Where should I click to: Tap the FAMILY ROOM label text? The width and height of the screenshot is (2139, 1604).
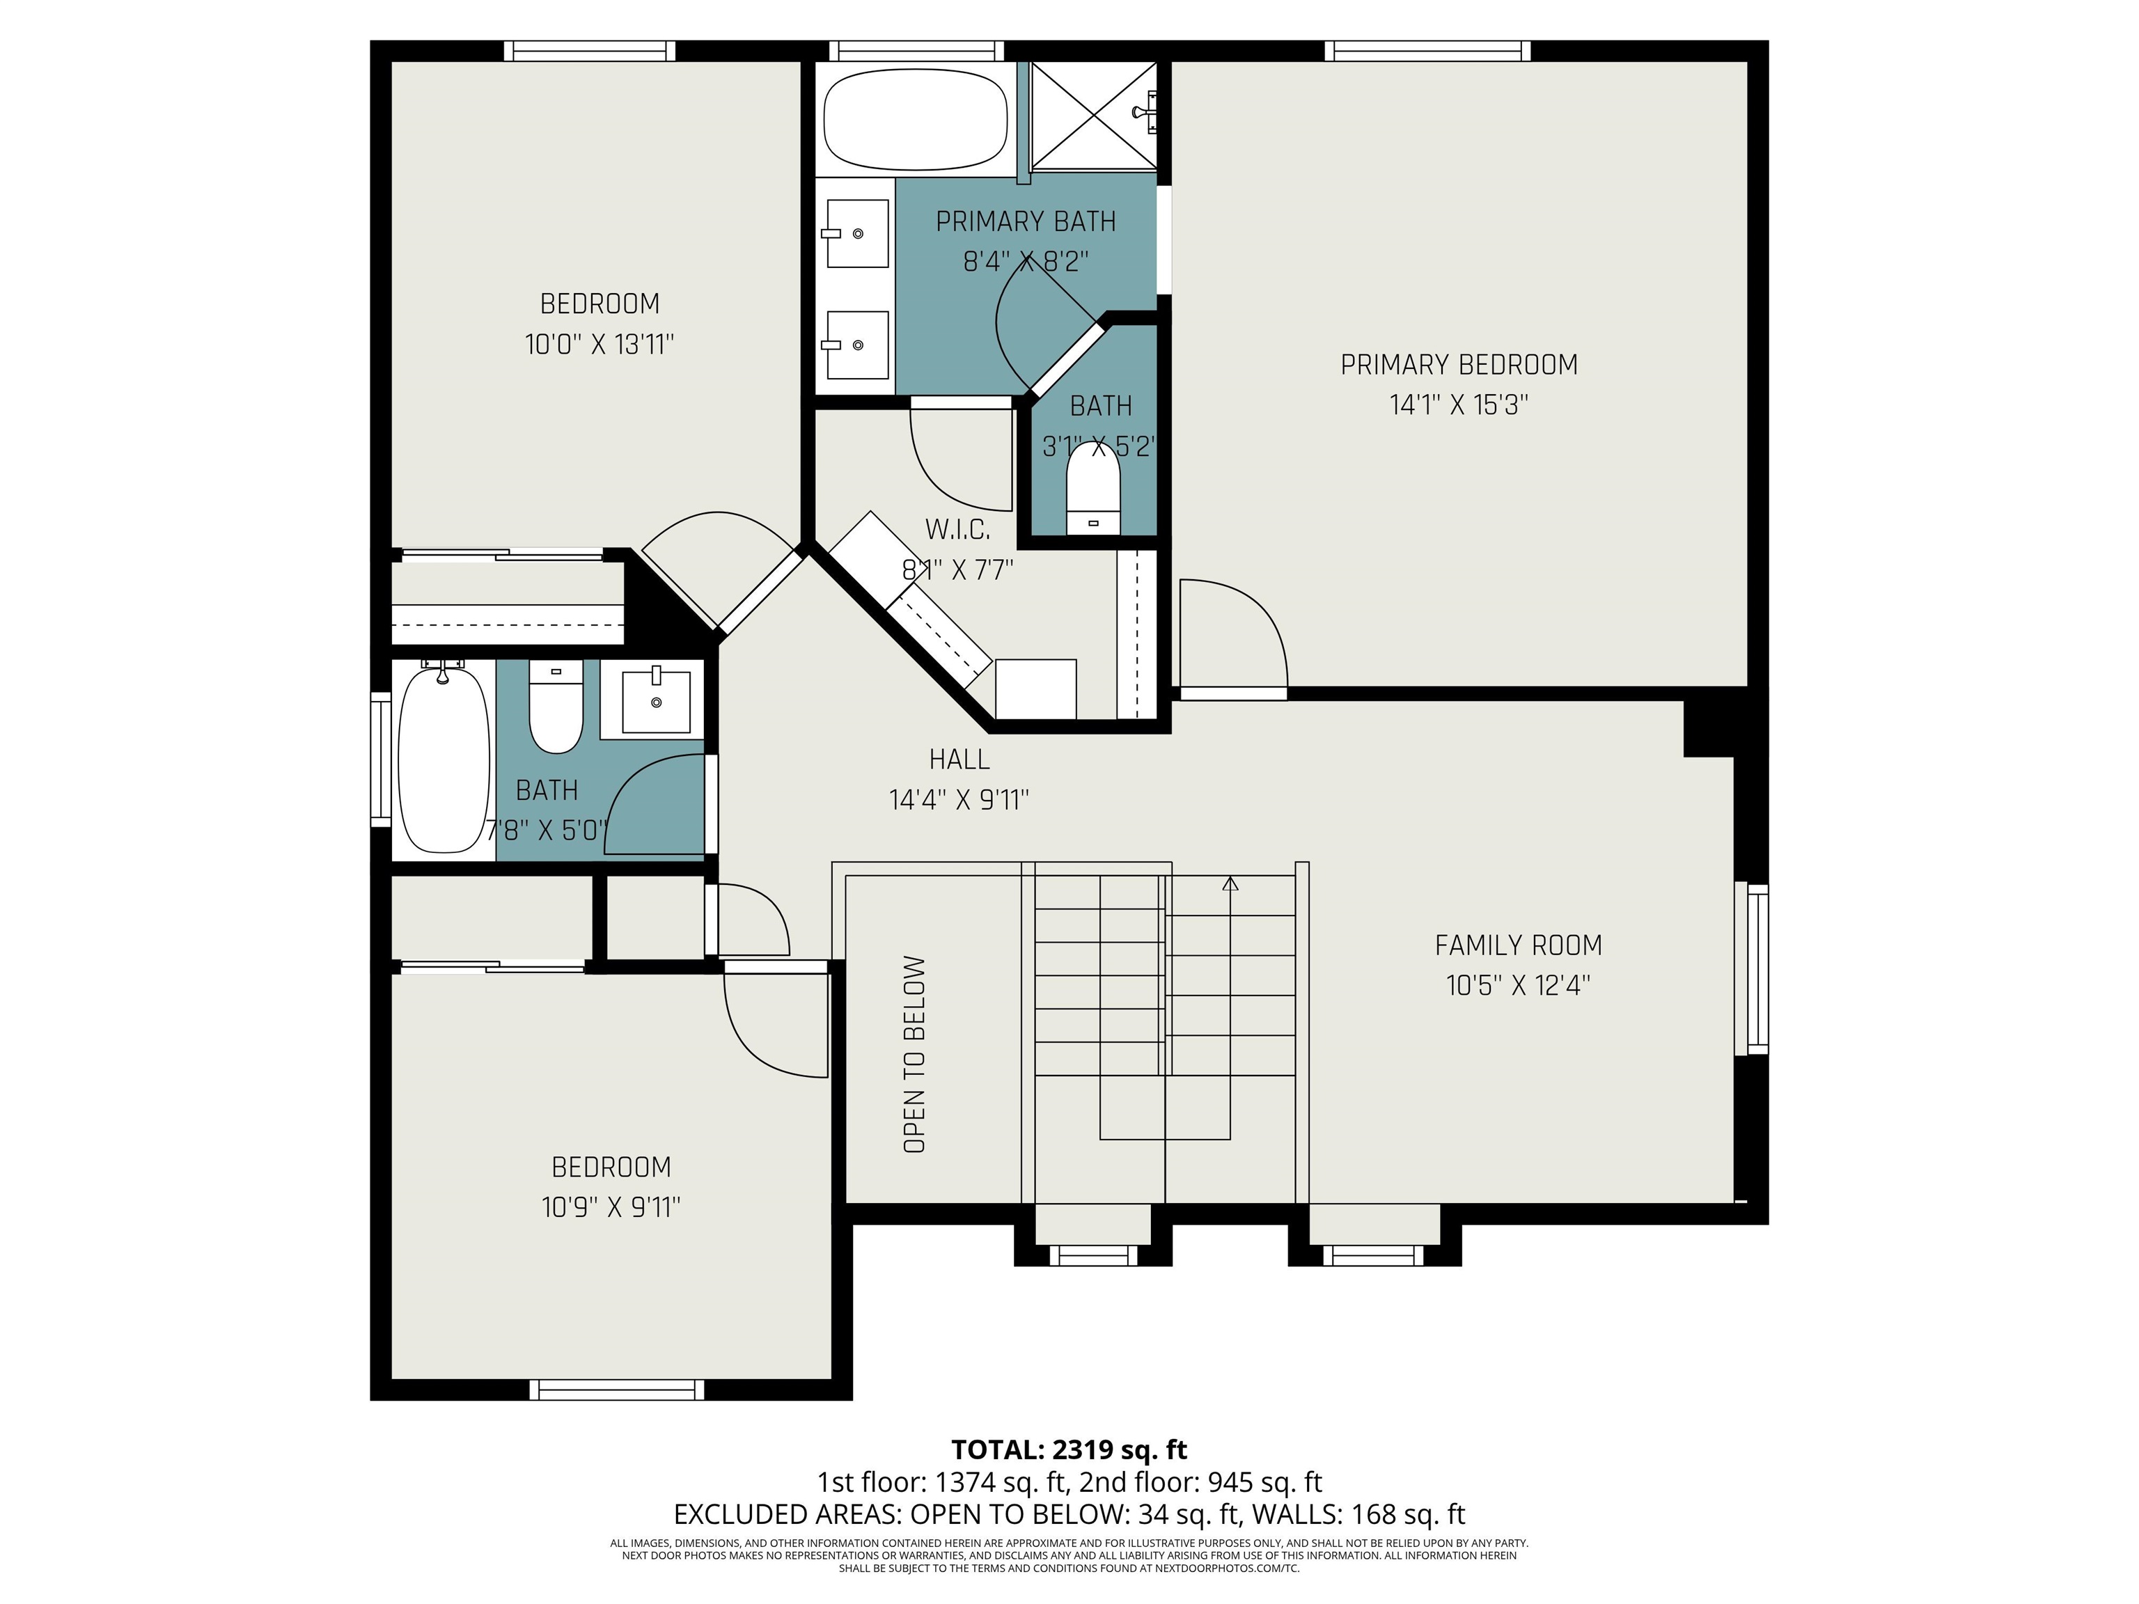(x=1517, y=945)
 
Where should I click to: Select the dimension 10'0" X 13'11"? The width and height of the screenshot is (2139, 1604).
(x=599, y=344)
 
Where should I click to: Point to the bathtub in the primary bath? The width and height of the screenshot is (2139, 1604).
(x=915, y=119)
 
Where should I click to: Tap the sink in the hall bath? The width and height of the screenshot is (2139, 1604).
(x=657, y=699)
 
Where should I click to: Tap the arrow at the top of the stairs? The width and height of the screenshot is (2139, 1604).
(x=1230, y=883)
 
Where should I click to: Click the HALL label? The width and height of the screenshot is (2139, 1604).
(x=959, y=760)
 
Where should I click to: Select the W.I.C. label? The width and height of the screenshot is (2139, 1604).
(x=957, y=530)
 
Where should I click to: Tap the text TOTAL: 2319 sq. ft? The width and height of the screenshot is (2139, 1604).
(x=1069, y=1450)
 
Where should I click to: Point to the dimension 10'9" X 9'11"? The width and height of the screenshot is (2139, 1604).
(x=611, y=1208)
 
